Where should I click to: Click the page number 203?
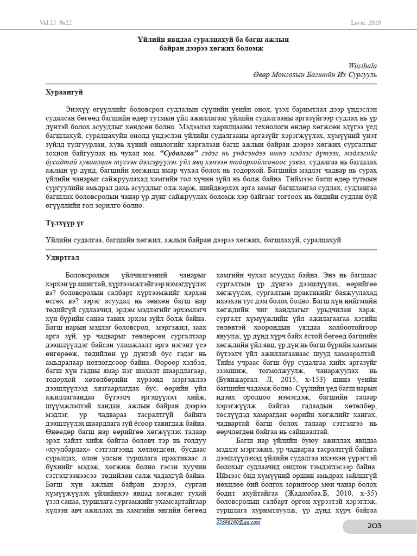[x=374, y=525]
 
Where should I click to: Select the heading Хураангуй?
[x=64, y=93]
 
